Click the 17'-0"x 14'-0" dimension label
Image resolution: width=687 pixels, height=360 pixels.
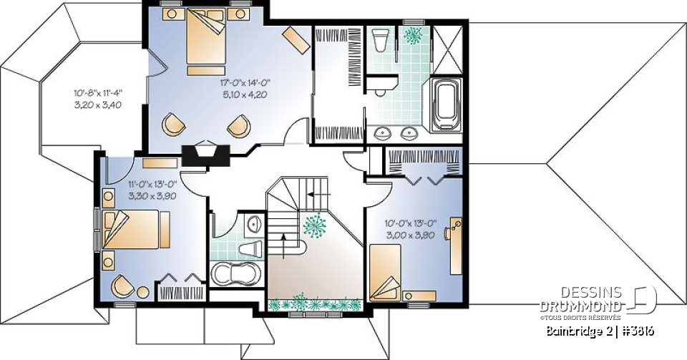click(245, 83)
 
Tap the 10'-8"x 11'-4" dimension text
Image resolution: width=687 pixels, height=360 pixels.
click(98, 92)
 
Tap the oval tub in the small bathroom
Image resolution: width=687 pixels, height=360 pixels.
click(235, 275)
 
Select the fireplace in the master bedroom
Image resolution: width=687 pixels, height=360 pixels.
click(206, 155)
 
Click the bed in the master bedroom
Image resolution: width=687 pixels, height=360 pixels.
click(205, 42)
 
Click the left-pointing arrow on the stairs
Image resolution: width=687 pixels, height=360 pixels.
click(319, 193)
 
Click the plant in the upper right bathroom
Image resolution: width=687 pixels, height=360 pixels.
click(412, 34)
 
